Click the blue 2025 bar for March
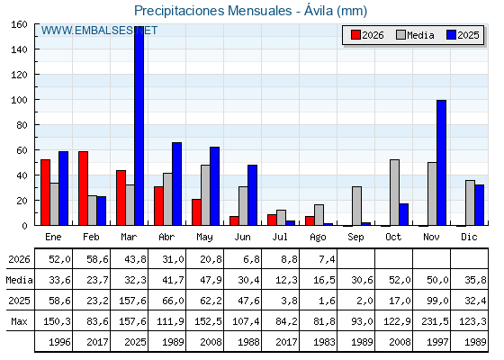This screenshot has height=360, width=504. (x=139, y=126)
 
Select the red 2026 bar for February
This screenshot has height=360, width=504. (x=83, y=188)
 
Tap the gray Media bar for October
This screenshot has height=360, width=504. (x=394, y=193)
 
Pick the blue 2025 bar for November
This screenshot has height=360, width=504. (x=441, y=163)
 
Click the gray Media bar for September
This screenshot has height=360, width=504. (x=356, y=206)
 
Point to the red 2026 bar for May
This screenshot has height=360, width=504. (x=196, y=212)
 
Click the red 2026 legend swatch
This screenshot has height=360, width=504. (x=355, y=35)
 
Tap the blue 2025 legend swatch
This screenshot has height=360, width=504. (x=451, y=35)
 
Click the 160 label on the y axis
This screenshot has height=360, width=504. (x=19, y=24)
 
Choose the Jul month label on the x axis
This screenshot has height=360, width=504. (x=280, y=237)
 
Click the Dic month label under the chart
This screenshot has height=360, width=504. (x=469, y=237)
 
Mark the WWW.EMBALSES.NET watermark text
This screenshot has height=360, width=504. (x=99, y=31)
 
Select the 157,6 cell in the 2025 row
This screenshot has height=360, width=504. (x=133, y=301)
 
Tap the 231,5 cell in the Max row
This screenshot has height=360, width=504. (x=435, y=321)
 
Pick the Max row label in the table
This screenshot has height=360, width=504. (x=19, y=321)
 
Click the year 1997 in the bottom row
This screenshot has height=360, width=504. (x=437, y=342)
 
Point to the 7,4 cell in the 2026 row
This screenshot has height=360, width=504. (x=327, y=259)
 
